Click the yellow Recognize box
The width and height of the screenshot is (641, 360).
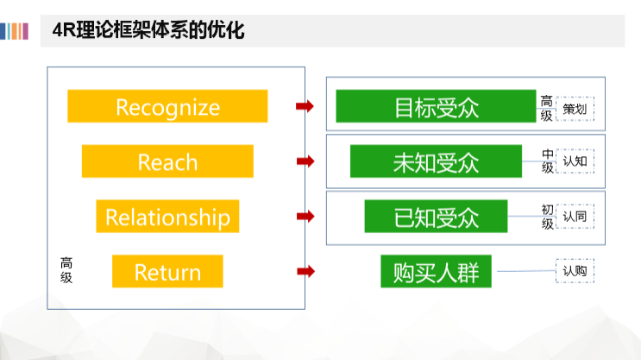167,107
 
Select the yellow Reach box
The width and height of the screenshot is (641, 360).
167,161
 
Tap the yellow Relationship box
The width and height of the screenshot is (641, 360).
167,217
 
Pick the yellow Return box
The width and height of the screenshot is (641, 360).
167,272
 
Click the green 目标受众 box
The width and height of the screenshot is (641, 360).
436,107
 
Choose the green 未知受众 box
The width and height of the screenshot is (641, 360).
436,161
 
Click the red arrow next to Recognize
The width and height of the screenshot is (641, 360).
304,106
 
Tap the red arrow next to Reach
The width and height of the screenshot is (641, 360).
304,161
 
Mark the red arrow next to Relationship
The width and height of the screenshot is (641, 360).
304,217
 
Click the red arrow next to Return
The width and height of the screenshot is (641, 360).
304,272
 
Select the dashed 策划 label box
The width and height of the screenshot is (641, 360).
575,109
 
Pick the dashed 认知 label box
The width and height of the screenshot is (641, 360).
575,161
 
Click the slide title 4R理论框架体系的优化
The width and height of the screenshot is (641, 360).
149,32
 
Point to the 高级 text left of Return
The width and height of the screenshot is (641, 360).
66,270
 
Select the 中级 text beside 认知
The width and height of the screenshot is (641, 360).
548,161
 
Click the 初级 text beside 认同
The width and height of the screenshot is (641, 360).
547,217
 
